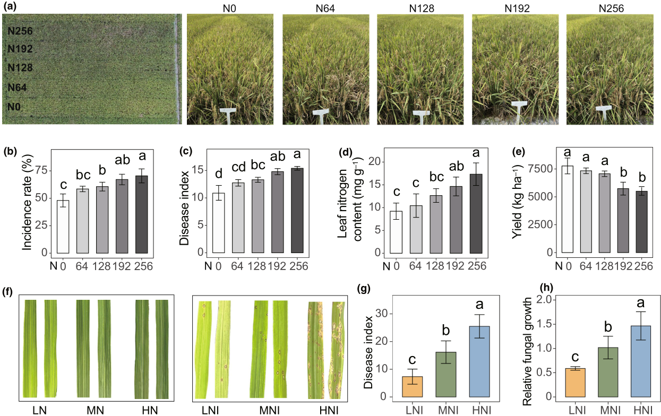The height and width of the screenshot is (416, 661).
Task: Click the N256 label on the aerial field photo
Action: pyautogui.click(x=21, y=31)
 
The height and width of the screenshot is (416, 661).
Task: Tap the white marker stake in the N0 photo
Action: pyautogui.click(x=227, y=115)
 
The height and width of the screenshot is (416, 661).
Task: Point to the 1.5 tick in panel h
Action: pyautogui.click(x=552, y=324)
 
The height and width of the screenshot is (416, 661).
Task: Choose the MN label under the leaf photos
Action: pyautogui.click(x=96, y=410)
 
